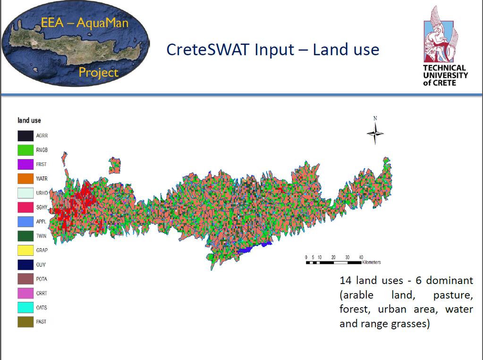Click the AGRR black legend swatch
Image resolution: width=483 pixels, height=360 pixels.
click(x=25, y=136)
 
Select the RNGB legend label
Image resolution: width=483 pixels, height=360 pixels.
click(x=42, y=150)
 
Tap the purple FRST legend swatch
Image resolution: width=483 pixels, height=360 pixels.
click(x=25, y=165)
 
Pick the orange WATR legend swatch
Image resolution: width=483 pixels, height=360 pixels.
click(x=25, y=179)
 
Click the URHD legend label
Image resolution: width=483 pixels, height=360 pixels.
click(x=42, y=193)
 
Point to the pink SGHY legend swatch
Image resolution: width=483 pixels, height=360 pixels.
click(x=25, y=207)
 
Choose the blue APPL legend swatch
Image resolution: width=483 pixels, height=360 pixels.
click(x=25, y=222)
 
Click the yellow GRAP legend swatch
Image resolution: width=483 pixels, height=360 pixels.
click(x=25, y=251)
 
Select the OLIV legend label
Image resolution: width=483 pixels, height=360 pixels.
click(x=41, y=265)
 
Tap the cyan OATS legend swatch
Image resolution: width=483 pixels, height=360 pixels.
click(x=25, y=307)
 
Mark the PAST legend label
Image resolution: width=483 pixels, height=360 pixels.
click(x=41, y=322)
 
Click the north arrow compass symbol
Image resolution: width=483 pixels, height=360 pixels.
click(x=375, y=133)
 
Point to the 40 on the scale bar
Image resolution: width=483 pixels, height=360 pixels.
click(x=361, y=257)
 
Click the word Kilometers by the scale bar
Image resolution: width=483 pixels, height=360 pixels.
click(x=372, y=262)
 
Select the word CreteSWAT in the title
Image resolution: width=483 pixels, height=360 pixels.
click(x=208, y=50)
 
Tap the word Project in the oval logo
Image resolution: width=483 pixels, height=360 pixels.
click(x=99, y=72)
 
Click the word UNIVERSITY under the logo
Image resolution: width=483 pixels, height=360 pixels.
click(x=445, y=75)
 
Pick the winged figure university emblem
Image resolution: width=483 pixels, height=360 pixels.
click(x=441, y=34)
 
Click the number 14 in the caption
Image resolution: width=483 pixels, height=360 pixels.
click(x=345, y=281)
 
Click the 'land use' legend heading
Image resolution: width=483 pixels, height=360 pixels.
click(x=29, y=120)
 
